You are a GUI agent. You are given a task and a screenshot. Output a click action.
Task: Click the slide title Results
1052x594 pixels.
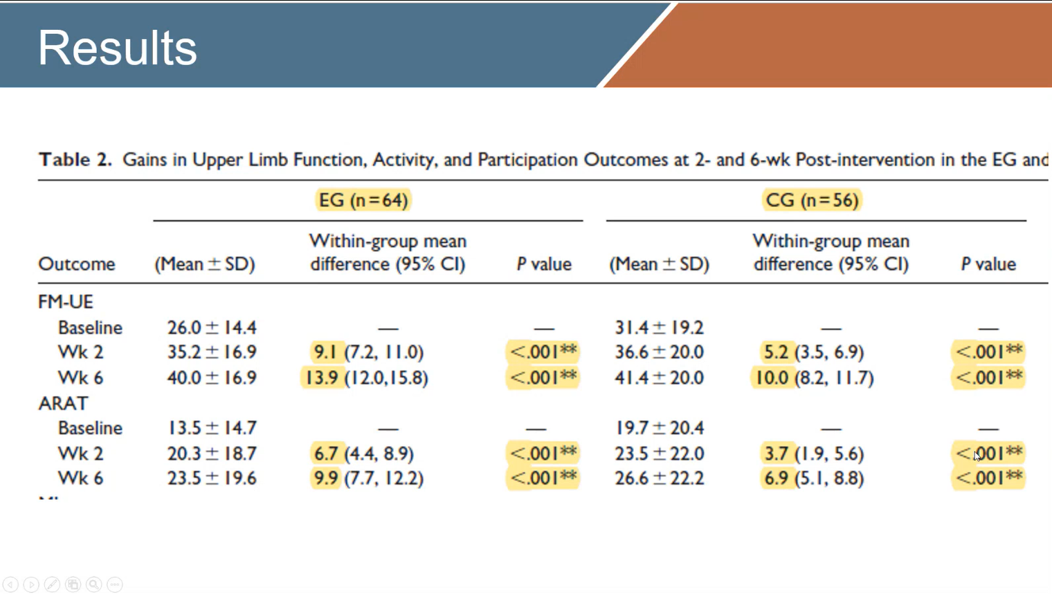(117, 48)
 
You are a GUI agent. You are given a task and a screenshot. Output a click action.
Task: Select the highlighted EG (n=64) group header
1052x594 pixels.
(363, 200)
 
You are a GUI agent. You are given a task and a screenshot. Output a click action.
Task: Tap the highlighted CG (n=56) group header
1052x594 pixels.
(812, 200)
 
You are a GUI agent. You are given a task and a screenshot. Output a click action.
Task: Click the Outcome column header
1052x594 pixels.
(76, 264)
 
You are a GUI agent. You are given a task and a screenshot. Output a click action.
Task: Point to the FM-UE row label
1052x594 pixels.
(65, 302)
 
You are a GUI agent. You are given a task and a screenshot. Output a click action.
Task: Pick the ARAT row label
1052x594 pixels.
(63, 403)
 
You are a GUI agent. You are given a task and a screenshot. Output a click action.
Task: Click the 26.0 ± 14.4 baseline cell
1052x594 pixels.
(211, 327)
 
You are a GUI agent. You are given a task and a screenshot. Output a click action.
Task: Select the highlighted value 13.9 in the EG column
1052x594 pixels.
(322, 378)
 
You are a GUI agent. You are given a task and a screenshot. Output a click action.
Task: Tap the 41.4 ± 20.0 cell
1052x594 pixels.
(659, 378)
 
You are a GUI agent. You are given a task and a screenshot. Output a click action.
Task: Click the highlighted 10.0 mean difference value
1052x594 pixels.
(771, 378)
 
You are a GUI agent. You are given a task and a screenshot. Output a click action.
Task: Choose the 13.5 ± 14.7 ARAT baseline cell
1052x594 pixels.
(211, 428)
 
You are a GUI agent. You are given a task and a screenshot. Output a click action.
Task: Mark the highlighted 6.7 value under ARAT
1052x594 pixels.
(325, 453)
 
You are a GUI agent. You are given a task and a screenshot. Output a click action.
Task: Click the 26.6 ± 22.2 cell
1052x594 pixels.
(659, 478)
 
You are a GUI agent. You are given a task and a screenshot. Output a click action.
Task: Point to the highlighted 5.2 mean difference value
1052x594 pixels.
(775, 352)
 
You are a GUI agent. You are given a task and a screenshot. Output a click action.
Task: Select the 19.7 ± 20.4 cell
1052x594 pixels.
(659, 428)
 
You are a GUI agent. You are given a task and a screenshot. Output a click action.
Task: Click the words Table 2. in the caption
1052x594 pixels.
(75, 160)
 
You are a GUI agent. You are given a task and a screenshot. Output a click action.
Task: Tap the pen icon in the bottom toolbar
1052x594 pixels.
(52, 585)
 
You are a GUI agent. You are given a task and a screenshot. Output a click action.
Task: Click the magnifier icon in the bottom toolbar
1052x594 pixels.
(93, 585)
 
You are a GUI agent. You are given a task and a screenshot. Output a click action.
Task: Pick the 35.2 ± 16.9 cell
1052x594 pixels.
(211, 352)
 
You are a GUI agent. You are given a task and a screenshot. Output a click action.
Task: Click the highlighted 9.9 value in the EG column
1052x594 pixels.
(325, 478)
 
